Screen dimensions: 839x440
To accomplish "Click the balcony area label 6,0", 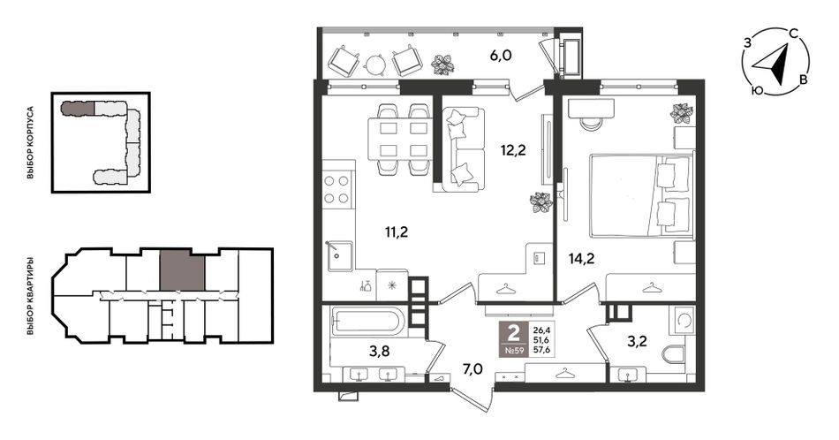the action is (x=501, y=55).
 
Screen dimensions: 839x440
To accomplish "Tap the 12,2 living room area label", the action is (x=513, y=150).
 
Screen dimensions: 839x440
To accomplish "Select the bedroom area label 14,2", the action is (x=582, y=259).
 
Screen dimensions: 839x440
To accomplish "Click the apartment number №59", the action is (x=513, y=351).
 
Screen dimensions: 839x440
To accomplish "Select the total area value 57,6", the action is (x=540, y=351).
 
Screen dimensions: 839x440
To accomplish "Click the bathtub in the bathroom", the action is (x=367, y=322).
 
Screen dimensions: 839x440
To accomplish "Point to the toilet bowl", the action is (x=674, y=353).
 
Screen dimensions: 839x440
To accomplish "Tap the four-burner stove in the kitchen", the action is (x=337, y=189).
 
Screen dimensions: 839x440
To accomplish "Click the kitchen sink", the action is (x=339, y=256).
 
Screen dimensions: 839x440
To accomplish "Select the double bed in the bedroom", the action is (x=641, y=195).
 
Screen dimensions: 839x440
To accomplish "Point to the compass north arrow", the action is (x=775, y=64).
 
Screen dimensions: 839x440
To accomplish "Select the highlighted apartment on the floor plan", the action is (x=183, y=269).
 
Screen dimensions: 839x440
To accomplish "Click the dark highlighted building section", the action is (x=78, y=108).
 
